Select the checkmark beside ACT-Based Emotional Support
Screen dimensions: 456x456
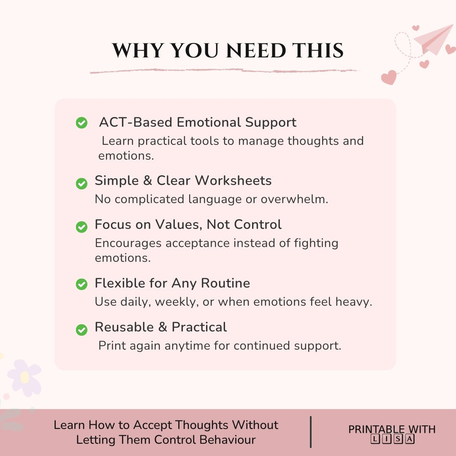pyautogui.click(x=81, y=123)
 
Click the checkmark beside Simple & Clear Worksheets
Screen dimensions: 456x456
pyautogui.click(x=81, y=183)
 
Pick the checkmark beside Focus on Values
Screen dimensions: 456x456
pyautogui.click(x=81, y=227)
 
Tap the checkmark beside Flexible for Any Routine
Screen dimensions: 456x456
pyautogui.click(x=81, y=284)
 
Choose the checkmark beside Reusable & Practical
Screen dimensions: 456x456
pyautogui.click(x=81, y=329)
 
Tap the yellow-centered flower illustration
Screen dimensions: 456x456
pyautogui.click(x=24, y=377)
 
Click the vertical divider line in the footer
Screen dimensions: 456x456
pyautogui.click(x=311, y=432)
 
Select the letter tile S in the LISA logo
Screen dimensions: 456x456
pyautogui.click(x=398, y=439)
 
